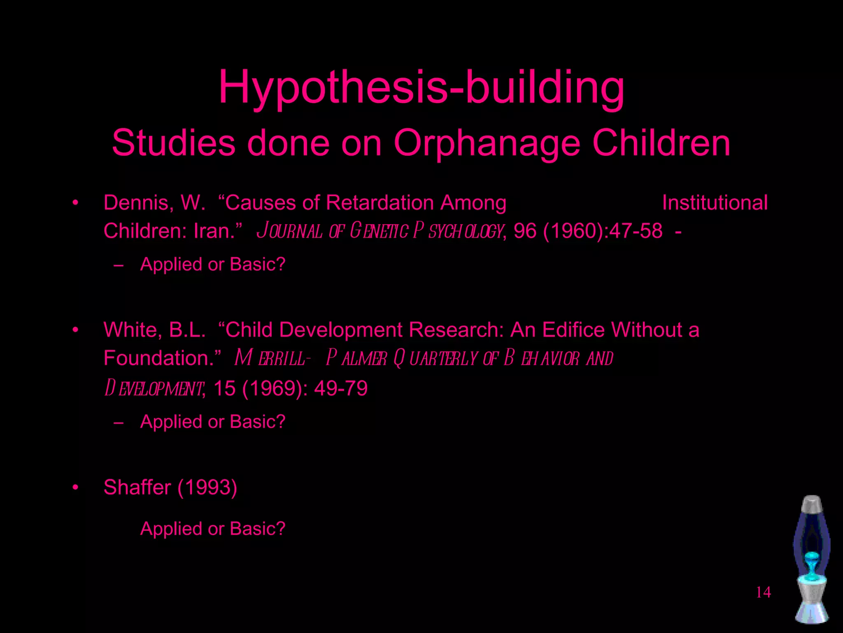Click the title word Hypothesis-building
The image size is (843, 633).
(421, 87)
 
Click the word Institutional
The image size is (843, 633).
(715, 203)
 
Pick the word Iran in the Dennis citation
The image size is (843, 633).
(214, 231)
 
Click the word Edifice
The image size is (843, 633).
(573, 330)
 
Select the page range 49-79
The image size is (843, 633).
(341, 388)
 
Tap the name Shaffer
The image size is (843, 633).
(137, 488)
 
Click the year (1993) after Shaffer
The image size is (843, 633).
(207, 488)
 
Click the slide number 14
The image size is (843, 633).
(763, 592)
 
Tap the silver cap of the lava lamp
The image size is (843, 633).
(812, 504)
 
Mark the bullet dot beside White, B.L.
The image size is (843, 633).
(75, 330)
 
